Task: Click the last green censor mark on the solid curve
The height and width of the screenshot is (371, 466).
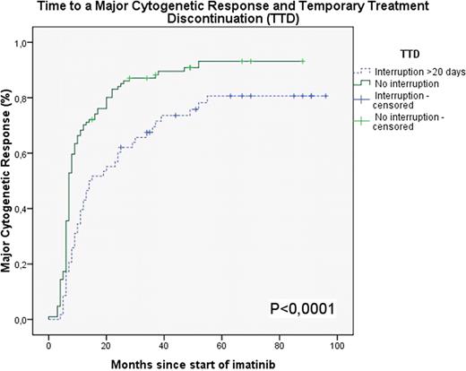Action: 303,61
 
